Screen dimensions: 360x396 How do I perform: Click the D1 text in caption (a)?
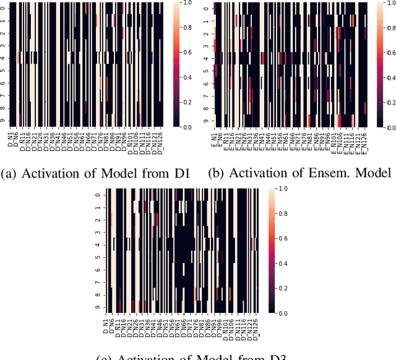pyautogui.click(x=177, y=173)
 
